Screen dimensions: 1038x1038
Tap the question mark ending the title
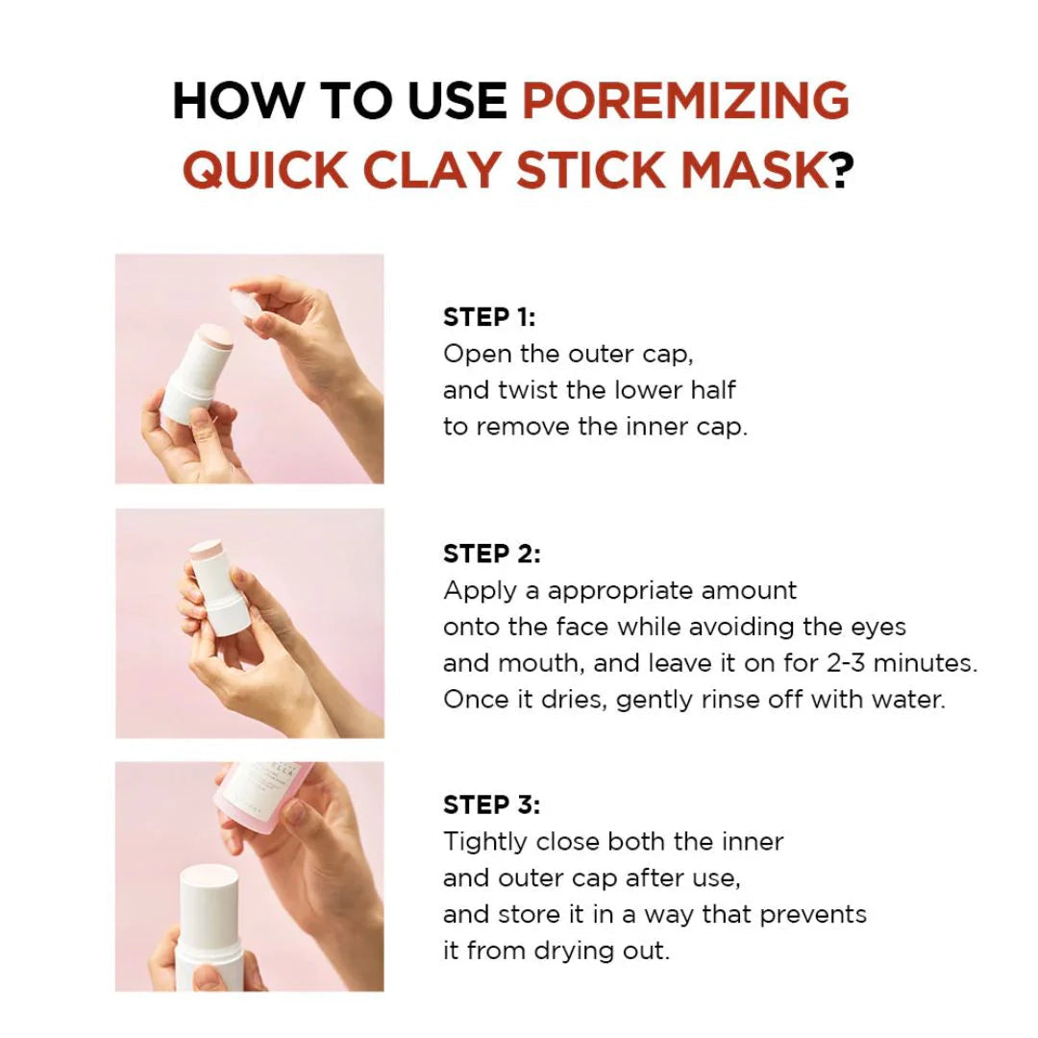(843, 169)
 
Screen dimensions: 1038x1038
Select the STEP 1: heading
(489, 317)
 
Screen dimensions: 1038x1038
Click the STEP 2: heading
(491, 554)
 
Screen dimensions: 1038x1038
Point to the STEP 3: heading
(491, 804)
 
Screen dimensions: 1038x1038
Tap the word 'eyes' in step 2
(879, 627)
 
